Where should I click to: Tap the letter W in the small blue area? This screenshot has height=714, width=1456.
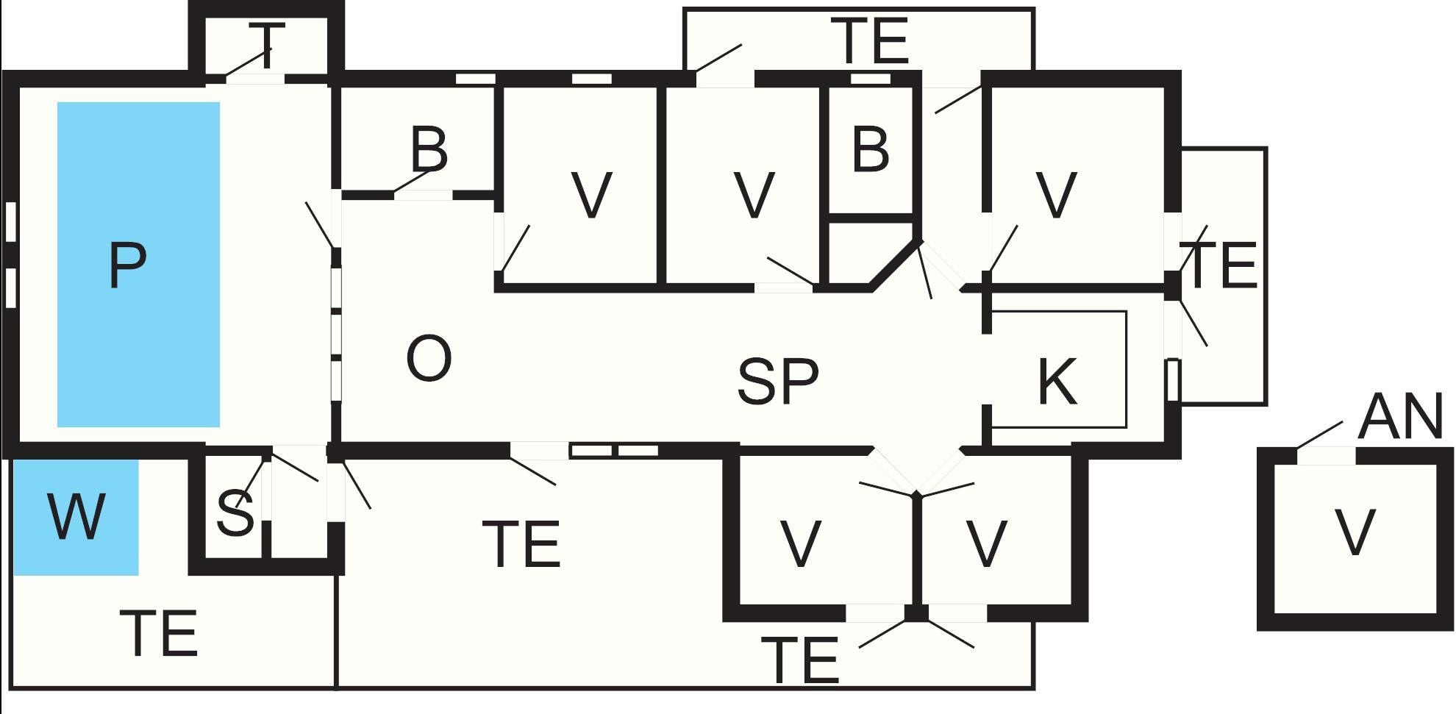pos(76,516)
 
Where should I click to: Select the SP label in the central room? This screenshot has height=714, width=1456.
pos(777,381)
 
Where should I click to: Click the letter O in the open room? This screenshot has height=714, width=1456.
pos(429,358)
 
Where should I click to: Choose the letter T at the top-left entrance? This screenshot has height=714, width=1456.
pos(267,46)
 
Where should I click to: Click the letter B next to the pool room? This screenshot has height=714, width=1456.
pos(429,149)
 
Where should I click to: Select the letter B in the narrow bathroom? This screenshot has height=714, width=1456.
pos(871,149)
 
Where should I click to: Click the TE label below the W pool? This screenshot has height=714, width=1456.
pos(163,633)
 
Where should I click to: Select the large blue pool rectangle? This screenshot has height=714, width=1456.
pos(138,265)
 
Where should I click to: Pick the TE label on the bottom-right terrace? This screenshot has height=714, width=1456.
pos(800,660)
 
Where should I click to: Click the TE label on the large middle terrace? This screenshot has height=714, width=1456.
pos(522,544)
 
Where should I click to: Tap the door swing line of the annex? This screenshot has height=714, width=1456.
pos(1319,435)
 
